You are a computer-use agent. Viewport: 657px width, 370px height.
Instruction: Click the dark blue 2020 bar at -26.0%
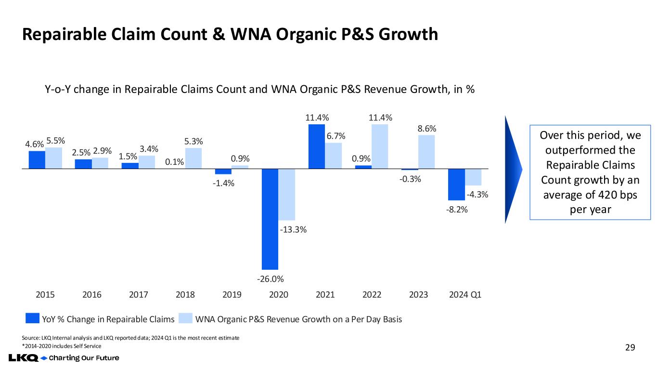pos(270,219)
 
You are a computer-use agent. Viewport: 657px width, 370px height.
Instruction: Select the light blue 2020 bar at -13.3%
pos(287,194)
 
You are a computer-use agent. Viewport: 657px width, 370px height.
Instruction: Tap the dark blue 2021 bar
pos(316,146)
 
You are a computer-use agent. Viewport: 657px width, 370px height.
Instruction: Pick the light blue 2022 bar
pos(380,146)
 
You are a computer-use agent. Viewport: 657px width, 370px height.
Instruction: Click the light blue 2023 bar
pos(426,152)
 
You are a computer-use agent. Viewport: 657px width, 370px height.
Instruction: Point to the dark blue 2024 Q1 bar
pos(456,184)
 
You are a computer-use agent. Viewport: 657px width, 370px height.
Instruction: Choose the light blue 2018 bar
pos(193,158)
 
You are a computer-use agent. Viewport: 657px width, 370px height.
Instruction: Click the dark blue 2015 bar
pos(37,160)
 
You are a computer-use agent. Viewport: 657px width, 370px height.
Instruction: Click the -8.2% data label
pos(456,210)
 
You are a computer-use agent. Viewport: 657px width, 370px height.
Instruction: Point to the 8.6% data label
pos(426,129)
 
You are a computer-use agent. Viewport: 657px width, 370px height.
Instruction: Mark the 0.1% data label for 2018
pos(175,162)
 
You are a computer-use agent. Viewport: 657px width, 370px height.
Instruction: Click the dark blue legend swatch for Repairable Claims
pos(32,319)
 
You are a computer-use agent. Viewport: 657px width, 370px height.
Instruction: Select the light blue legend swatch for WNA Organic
pos(185,319)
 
